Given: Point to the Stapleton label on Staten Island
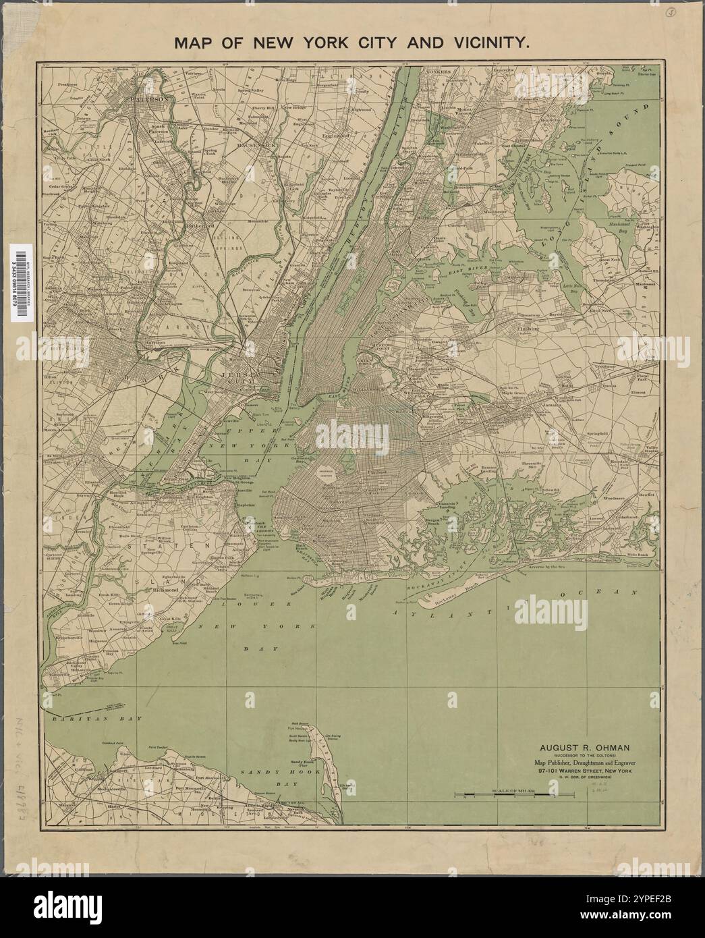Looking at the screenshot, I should [x=246, y=503].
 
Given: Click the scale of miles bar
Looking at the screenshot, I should [x=514, y=794].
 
